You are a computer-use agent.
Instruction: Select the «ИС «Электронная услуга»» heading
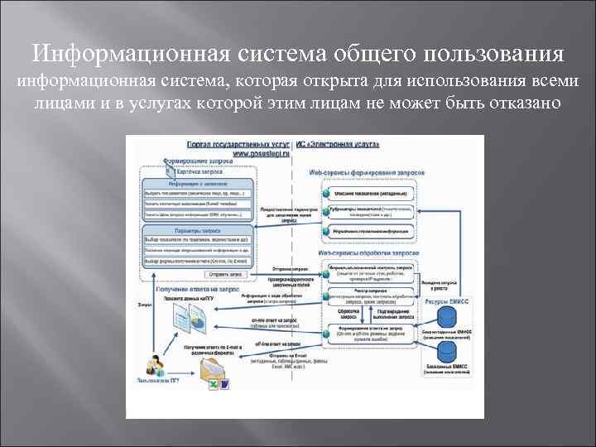point(343,144)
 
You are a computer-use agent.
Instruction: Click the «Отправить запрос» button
point(225,273)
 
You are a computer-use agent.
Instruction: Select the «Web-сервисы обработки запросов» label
point(365,252)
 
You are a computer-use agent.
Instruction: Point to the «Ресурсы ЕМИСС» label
point(447,305)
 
